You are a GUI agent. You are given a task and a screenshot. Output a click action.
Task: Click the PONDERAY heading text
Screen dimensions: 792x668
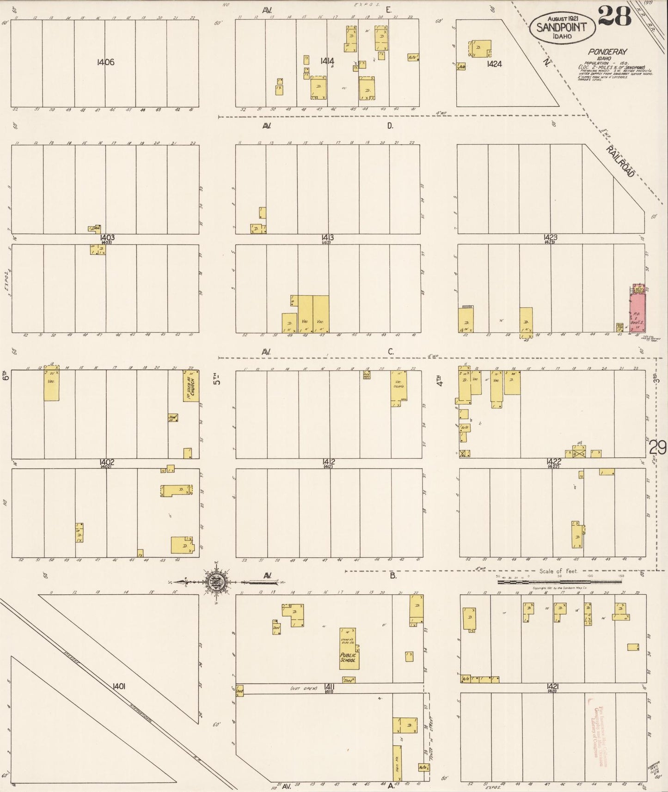pos(607,52)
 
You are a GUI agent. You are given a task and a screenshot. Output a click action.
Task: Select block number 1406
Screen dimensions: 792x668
pos(105,62)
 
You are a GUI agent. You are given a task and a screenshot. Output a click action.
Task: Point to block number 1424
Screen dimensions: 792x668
pos(494,64)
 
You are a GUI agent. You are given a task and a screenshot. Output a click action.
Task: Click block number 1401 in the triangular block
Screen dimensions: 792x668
pos(119,687)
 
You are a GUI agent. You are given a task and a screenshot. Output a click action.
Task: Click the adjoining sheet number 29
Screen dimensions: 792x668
pos(657,447)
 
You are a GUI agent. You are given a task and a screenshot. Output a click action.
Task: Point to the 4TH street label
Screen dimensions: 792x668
pos(440,380)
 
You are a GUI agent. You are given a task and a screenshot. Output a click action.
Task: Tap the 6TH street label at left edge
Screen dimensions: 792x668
pos(6,375)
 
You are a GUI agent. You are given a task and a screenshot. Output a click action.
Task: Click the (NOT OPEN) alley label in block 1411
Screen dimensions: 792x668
pos(304,688)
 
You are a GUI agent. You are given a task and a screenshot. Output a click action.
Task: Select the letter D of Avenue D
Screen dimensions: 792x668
pos(390,126)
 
